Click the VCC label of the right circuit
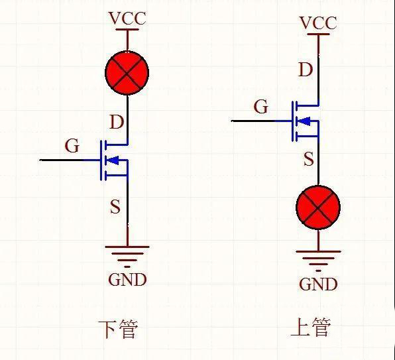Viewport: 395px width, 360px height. [x=318, y=23]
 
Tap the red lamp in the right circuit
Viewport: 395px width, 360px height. [x=318, y=208]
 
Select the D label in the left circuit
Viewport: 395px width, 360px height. [x=116, y=122]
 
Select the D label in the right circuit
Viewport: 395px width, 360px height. [x=306, y=70]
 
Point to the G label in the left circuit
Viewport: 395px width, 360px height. [x=72, y=146]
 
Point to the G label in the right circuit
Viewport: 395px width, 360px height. [x=262, y=107]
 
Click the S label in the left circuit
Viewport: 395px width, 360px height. [x=115, y=207]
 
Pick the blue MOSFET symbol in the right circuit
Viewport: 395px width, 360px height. [x=305, y=121]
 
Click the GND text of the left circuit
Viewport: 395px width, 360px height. [x=127, y=279]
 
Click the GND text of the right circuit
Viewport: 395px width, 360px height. [x=318, y=284]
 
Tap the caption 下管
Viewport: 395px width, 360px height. [x=118, y=329]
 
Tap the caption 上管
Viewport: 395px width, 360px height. [x=310, y=327]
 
